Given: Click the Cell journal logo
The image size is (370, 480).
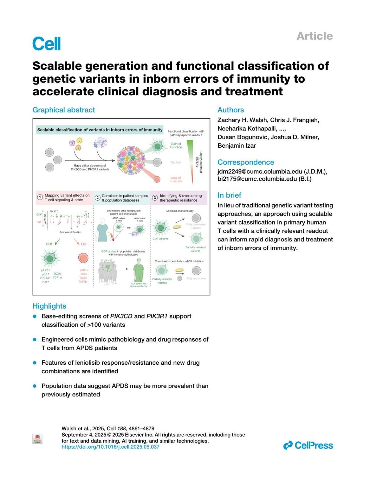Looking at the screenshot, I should point(47,43).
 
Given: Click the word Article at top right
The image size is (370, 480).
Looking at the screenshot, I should point(314,36).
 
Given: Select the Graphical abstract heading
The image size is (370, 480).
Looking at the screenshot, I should point(64,110).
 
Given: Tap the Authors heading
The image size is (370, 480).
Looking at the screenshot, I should point(231,110).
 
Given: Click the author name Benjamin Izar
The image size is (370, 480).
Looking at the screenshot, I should point(236,146).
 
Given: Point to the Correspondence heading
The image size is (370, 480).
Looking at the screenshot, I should point(246,162).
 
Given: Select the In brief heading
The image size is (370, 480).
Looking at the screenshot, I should point(229,195).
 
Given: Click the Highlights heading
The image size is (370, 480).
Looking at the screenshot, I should point(49,306).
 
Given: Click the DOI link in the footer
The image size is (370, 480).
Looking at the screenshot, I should point(110,447).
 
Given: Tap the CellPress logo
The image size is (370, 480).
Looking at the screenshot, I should point(308,445).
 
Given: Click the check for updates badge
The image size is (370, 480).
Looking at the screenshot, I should point(37,439).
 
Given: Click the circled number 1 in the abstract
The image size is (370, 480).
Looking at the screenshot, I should point(40,197).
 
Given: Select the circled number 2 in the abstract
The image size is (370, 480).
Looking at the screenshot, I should point(97,198).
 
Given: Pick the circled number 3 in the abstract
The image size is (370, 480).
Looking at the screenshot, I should point(155,198).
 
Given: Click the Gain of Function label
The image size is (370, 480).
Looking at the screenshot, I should point(176,146).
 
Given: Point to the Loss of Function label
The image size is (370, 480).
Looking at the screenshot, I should point(175,179).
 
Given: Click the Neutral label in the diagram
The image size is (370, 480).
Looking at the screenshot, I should point(175,162).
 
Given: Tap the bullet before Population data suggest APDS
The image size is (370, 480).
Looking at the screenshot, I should point(35,386).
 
